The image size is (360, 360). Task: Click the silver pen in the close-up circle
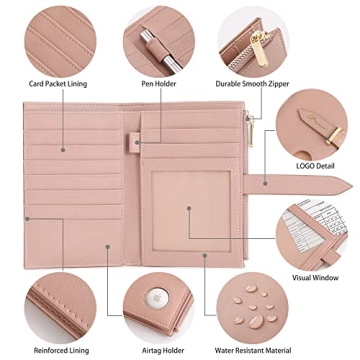pos(151,44)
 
